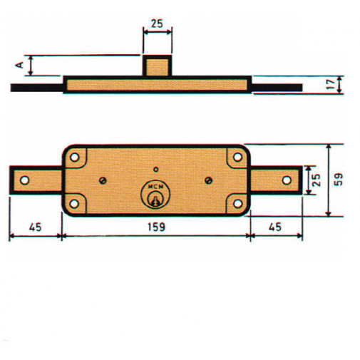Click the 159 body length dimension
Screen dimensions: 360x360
click(x=156, y=227)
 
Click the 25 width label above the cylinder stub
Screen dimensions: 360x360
click(x=157, y=23)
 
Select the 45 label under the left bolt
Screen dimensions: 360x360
click(x=34, y=227)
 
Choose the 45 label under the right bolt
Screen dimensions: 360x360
click(x=274, y=227)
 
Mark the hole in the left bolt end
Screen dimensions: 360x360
click(x=24, y=180)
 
